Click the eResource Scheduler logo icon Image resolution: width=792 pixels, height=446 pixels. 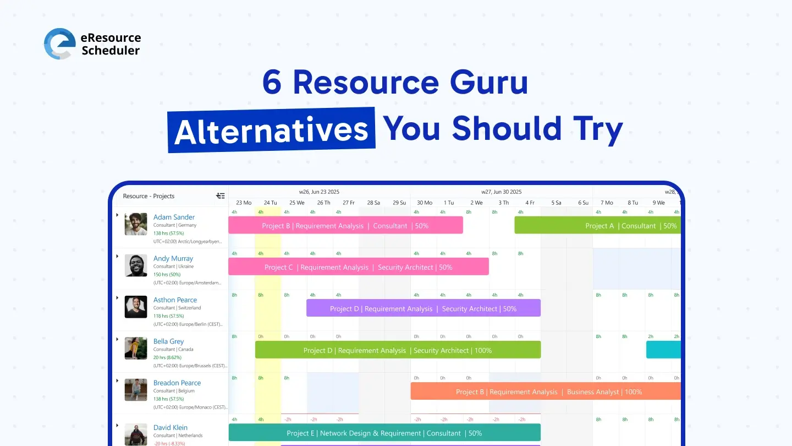59,44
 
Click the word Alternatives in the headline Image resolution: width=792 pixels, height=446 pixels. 271,130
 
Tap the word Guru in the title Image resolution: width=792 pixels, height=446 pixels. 488,83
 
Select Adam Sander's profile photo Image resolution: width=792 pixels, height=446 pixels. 136,224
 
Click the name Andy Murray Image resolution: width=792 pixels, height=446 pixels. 173,258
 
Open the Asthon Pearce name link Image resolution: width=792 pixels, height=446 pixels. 175,300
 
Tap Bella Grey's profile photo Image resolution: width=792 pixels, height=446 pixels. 136,349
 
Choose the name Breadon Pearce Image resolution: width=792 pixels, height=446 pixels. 177,383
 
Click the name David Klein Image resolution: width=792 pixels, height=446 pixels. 170,427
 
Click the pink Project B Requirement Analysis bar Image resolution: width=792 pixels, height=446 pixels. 345,226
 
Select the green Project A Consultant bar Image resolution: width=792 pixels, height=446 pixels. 597,226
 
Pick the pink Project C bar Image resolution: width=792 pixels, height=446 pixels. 358,267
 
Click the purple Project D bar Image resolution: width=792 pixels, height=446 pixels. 423,308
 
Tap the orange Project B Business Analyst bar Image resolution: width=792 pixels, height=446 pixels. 545,391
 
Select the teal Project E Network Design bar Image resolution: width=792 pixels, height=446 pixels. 384,433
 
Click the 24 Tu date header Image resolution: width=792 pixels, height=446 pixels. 270,203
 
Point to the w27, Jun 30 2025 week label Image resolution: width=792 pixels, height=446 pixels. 501,192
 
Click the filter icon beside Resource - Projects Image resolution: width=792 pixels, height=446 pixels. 221,195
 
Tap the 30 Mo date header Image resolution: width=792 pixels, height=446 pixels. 425,203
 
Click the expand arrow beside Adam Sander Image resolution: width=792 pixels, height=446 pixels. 117,215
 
